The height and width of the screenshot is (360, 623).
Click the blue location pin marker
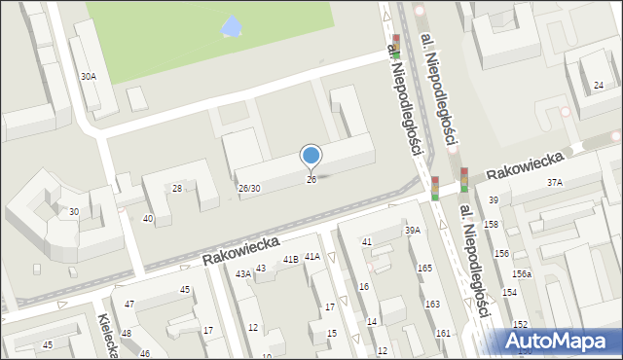311,156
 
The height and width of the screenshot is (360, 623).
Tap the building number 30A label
89,76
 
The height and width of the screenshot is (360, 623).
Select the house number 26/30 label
249,188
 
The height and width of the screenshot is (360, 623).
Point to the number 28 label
177,188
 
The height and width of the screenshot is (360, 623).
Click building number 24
598,86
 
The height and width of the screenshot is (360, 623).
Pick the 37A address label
555,182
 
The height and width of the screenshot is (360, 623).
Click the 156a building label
523,274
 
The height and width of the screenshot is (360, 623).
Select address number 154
509,293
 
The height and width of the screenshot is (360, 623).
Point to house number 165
424,268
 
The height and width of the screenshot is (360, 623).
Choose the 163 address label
431,305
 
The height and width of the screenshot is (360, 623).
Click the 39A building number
413,231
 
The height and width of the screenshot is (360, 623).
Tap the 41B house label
290,260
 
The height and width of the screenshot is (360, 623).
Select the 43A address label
242,274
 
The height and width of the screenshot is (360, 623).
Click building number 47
128,305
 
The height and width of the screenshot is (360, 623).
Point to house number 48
126,334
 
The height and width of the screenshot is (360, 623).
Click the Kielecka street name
108,336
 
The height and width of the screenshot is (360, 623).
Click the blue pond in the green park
232,27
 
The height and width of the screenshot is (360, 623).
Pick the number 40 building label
148,219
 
